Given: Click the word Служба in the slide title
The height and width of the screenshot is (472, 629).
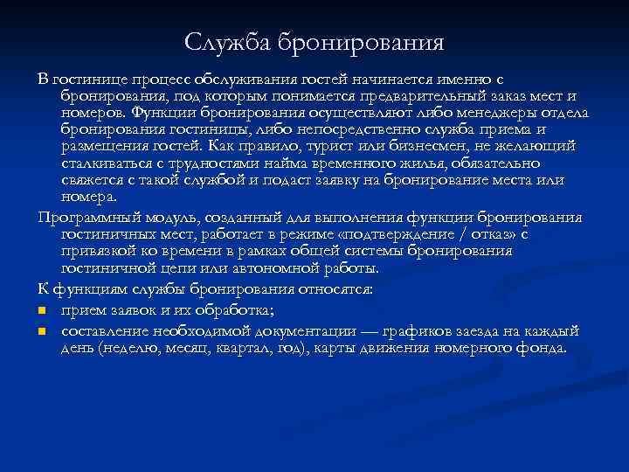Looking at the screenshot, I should (x=228, y=42).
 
